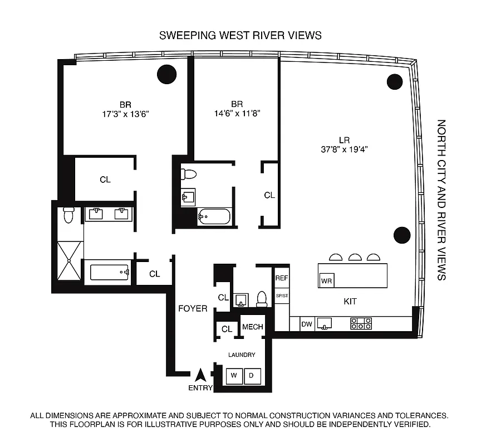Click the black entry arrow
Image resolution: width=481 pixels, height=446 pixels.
202,375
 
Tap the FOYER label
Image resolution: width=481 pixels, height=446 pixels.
193,308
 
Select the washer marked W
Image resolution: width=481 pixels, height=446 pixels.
234,375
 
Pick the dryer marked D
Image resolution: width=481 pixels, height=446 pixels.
251,375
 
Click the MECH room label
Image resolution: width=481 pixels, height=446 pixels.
252,327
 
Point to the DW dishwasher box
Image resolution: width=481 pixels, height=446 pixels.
307,323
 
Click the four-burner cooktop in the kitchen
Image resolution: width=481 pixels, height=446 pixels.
361,323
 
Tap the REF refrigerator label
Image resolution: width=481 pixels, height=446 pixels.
281,277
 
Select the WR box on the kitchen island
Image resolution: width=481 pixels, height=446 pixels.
326,281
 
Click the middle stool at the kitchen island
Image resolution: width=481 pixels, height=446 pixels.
355,257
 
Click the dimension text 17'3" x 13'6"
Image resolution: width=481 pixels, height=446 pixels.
125,113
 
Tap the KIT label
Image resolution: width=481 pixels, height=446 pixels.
350,302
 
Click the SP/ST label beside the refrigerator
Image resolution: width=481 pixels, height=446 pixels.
282,295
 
